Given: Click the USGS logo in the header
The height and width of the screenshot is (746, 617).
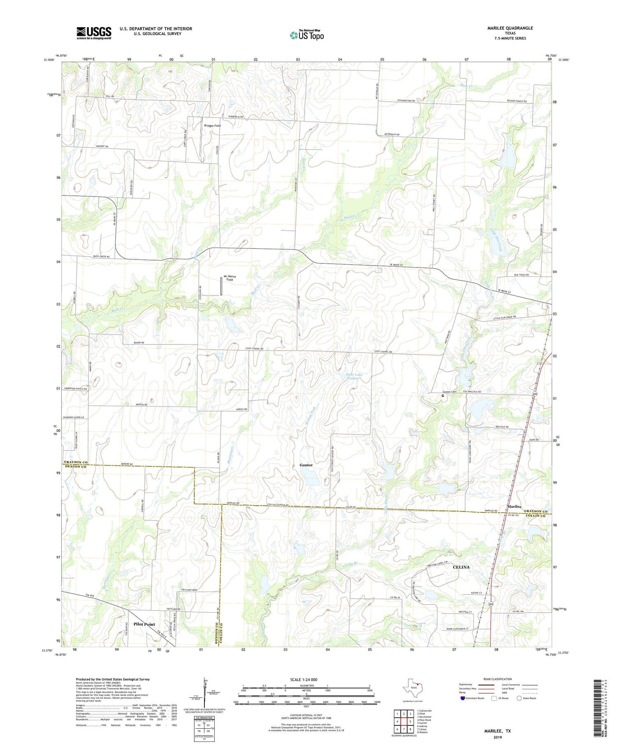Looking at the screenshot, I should click(x=94, y=33).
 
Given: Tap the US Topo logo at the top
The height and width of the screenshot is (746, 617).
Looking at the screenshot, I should click(x=306, y=35).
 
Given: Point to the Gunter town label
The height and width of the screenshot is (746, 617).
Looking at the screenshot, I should click(x=306, y=465).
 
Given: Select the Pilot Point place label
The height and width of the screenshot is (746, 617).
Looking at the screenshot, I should click(x=144, y=624).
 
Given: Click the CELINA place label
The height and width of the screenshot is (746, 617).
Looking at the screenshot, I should click(x=461, y=567).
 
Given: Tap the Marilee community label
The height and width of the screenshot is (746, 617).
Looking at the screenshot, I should click(x=514, y=507).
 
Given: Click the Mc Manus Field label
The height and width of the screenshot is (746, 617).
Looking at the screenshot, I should click(x=230, y=278).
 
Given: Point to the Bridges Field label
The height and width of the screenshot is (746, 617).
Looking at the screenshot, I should click(x=212, y=125).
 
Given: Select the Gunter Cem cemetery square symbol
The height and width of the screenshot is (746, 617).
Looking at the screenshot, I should click(x=443, y=395).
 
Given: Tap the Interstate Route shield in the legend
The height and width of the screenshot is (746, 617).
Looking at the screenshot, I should click(x=464, y=698).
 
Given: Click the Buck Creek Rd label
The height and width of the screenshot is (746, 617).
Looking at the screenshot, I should click(x=101, y=256).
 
